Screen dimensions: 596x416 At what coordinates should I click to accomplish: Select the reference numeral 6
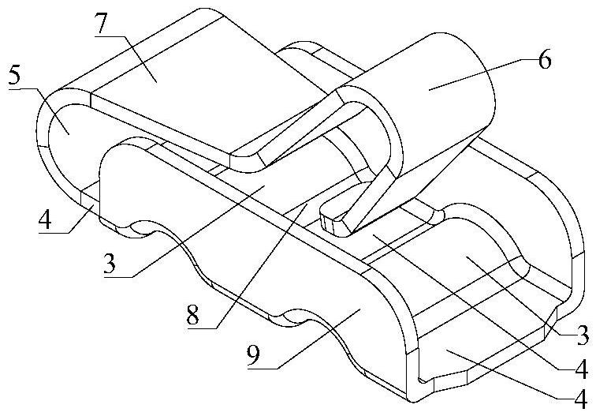pyautogui.click(x=546, y=62)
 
